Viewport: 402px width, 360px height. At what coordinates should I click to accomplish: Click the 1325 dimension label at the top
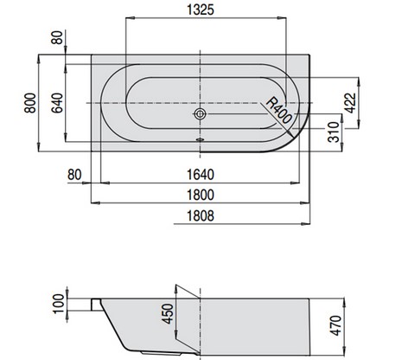(201, 10)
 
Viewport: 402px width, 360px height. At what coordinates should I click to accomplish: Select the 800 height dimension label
(30, 103)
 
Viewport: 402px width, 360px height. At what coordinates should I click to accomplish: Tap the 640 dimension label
(57, 103)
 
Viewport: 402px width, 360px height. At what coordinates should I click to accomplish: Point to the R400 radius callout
(278, 111)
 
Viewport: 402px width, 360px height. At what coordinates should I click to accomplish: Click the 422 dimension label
(351, 103)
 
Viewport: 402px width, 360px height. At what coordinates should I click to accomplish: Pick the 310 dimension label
(334, 132)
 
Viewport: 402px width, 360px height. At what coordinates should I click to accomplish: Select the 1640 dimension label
(201, 175)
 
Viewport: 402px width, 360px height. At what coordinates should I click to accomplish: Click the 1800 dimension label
(201, 195)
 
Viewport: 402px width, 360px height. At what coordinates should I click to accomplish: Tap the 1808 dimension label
(201, 215)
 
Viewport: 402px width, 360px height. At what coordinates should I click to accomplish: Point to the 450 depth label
(168, 314)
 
